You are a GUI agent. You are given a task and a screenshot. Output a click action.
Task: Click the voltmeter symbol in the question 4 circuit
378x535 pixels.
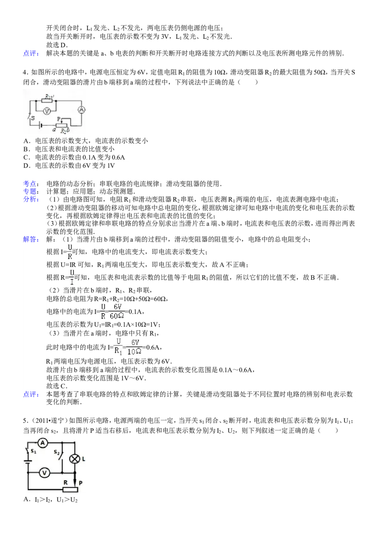47,111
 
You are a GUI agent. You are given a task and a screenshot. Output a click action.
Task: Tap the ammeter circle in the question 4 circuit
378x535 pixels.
82,110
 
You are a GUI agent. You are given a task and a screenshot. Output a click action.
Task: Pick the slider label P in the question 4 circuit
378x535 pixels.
59,119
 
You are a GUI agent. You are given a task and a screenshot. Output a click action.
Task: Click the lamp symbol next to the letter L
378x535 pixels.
74,459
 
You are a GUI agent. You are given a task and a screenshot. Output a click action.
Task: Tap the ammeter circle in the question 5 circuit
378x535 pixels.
43,443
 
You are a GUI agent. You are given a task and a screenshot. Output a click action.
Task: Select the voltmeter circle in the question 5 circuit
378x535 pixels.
44,473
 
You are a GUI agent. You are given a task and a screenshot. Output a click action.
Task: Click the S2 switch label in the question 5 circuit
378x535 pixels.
57,452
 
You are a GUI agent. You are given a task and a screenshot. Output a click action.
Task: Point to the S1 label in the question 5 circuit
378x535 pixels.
34,451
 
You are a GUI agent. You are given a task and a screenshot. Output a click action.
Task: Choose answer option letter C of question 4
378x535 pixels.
26,157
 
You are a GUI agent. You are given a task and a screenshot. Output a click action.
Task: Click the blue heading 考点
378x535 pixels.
31,184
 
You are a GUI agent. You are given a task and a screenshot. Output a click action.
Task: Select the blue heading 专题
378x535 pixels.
31,191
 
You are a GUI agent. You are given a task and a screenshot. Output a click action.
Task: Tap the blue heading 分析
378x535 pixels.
31,199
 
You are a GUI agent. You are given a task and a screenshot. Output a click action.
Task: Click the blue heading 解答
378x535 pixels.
31,239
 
